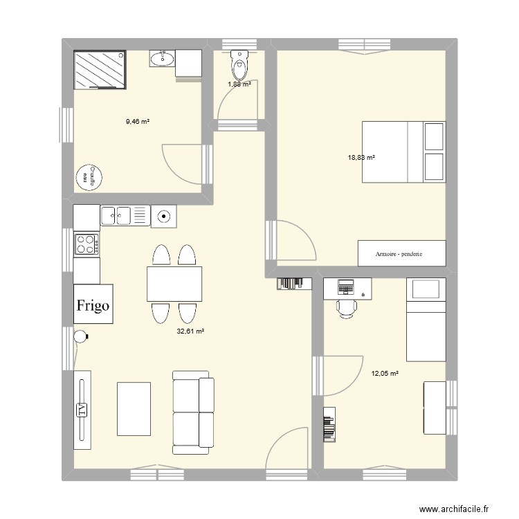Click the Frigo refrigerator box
coord(93,304)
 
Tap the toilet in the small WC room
coord(239,66)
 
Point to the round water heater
coord(89,177)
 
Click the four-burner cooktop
coord(87,244)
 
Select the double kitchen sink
coord(125,216)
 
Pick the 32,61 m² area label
coord(191,331)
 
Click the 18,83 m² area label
coord(361,158)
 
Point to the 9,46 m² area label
coord(138,121)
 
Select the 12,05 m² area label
coord(385,374)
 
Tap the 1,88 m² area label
coord(239,85)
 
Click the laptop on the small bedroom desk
coord(345,285)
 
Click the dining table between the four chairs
coord(174,284)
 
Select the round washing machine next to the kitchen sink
coord(163,216)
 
